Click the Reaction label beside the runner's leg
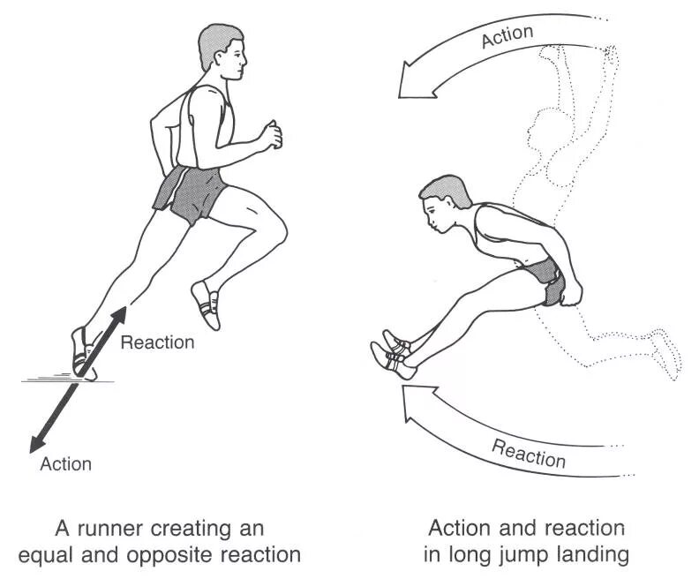point(157,342)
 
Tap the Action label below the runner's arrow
point(65,462)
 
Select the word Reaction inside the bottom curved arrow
point(529,452)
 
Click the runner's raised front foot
point(207,302)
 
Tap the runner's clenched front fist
point(270,134)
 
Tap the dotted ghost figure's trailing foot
point(666,351)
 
